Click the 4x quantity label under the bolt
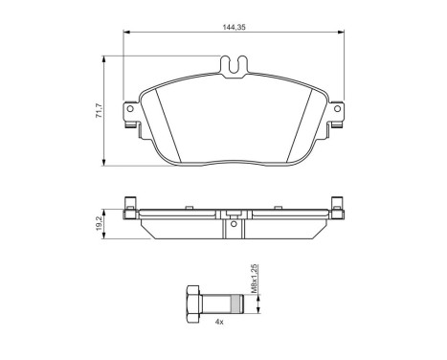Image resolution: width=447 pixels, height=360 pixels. coord(220,322)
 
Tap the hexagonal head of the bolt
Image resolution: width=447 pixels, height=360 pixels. coord(192,305)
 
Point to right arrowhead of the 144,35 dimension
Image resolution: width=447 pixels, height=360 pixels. coord(342,35)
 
